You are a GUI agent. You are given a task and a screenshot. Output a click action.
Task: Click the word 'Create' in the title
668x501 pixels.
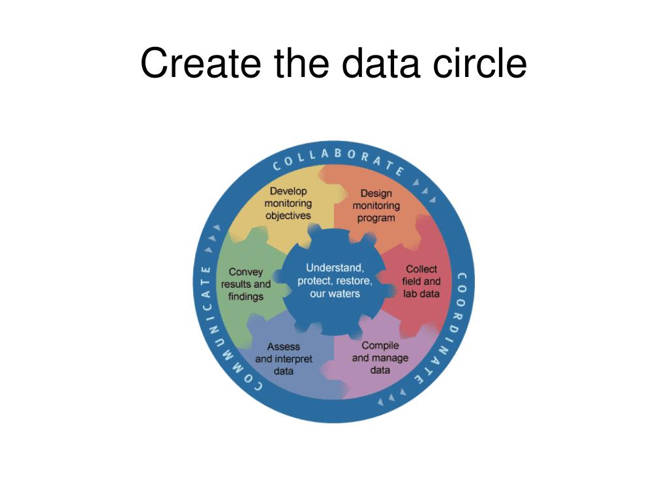click(193, 63)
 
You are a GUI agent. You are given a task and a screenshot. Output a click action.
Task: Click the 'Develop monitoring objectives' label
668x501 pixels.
click(288, 204)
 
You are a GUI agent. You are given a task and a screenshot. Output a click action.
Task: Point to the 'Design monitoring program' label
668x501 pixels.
click(376, 205)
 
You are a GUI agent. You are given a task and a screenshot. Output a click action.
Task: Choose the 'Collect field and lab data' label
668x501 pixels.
click(421, 281)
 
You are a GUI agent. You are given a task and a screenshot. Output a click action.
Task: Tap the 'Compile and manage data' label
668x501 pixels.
click(380, 357)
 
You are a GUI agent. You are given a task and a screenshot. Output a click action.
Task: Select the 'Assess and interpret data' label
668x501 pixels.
click(284, 359)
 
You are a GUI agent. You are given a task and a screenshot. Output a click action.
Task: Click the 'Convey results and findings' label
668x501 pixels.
click(246, 284)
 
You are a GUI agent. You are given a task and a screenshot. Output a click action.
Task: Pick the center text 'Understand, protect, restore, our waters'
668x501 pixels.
click(335, 281)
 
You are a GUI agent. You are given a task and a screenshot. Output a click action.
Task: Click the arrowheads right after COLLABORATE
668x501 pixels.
click(425, 190)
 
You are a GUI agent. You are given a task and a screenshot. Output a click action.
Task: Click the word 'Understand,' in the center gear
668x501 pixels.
click(335, 268)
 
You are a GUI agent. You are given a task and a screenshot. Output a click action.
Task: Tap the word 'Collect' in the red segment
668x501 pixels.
click(421, 269)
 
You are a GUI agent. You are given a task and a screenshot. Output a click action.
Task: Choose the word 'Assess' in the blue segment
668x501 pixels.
click(284, 346)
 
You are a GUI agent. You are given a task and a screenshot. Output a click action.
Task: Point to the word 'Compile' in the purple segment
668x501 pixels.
click(380, 345)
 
